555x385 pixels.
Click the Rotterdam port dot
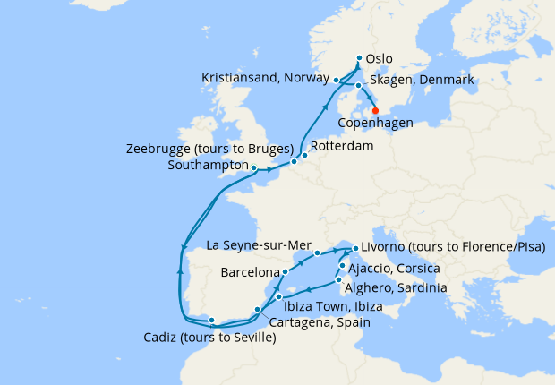pyautogui.click(x=303, y=155)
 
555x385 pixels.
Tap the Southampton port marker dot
pyautogui.click(x=254, y=167)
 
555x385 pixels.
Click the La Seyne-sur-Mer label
pyautogui.click(x=257, y=244)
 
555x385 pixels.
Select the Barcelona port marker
pyautogui.click(x=285, y=271)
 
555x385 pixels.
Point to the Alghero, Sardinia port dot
pyautogui.click(x=337, y=280)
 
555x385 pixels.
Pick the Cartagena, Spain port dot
pyautogui.click(x=257, y=310)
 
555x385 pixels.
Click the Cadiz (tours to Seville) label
pyautogui.click(x=209, y=338)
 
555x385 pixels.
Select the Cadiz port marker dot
pyautogui.click(x=211, y=320)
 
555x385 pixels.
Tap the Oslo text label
pyautogui.click(x=380, y=59)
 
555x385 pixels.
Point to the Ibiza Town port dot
pyautogui.click(x=279, y=295)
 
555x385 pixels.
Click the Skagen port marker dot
pyautogui.click(x=358, y=86)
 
